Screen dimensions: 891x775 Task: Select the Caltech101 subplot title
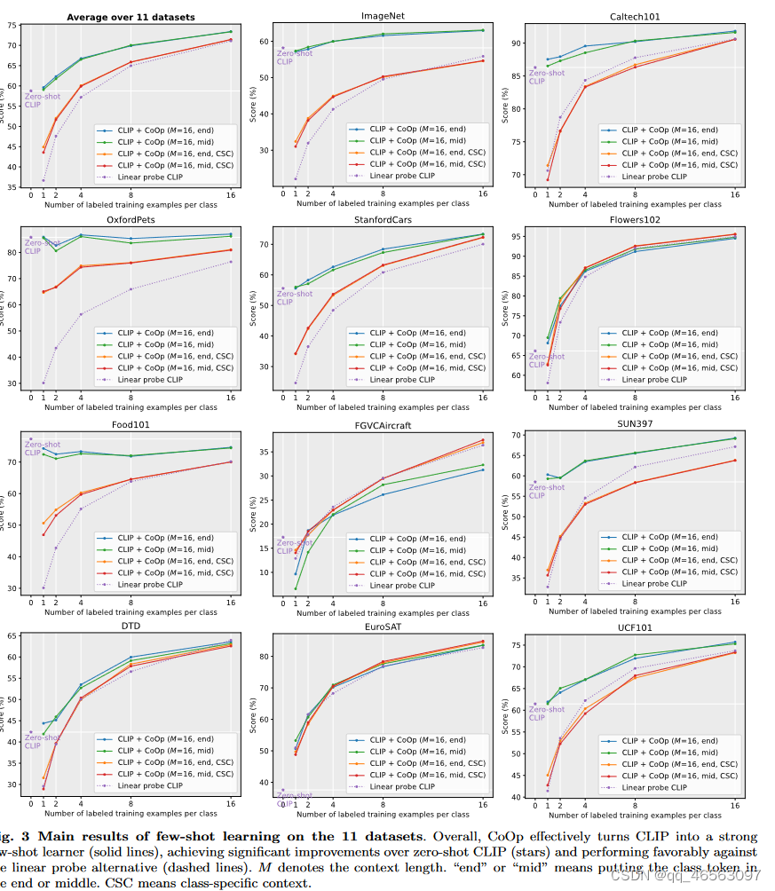(634, 16)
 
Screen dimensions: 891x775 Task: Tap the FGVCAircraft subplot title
(383, 425)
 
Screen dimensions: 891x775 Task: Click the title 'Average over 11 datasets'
(131, 16)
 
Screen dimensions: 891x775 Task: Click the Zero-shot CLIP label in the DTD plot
(40, 741)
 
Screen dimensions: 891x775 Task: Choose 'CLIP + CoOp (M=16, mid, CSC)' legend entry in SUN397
(679, 572)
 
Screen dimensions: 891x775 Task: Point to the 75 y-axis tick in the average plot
(11, 24)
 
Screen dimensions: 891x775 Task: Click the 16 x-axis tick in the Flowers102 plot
(734, 398)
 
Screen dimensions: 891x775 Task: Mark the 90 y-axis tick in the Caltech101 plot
(514, 43)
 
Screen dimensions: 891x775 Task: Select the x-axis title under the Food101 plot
(131, 612)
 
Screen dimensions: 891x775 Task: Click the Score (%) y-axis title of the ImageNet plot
(253, 105)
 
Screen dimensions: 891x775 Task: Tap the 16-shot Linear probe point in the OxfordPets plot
(231, 261)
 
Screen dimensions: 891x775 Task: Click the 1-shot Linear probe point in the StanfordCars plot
(296, 383)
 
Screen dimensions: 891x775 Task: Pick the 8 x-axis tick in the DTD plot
(130, 802)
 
